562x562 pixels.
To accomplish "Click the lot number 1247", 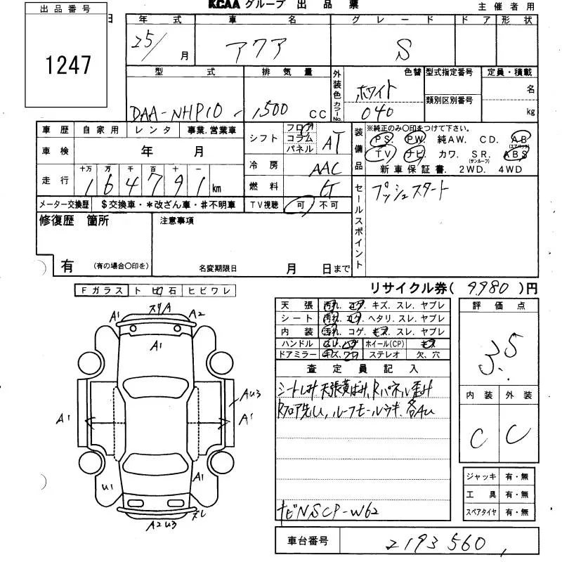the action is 68,65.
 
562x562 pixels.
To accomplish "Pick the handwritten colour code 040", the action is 376,112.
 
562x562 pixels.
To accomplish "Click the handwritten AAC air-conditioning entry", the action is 324,168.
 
